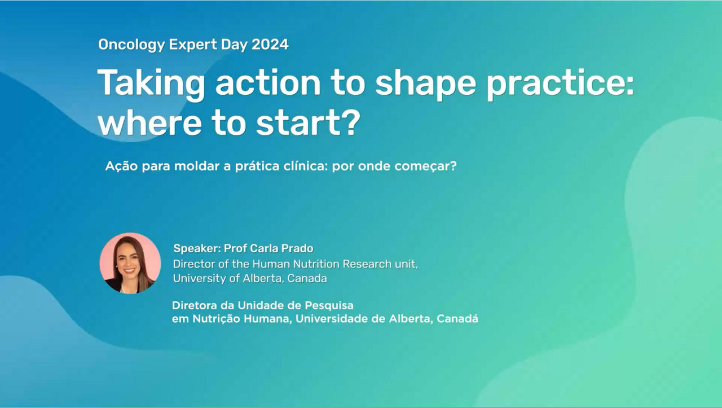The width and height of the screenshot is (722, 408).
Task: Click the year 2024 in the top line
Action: pos(270,44)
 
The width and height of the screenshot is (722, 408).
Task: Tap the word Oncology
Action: pos(131,45)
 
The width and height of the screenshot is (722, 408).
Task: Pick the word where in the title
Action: pos(150,123)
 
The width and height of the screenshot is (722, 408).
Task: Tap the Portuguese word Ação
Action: pos(121,166)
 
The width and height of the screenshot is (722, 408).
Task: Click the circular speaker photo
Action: pos(130,263)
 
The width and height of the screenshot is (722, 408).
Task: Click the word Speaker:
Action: pos(197,249)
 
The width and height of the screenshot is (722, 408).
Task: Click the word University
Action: pos(200,279)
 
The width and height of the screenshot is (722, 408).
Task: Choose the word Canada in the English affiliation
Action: pos(307,278)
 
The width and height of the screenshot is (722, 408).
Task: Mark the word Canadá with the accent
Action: pos(457,318)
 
